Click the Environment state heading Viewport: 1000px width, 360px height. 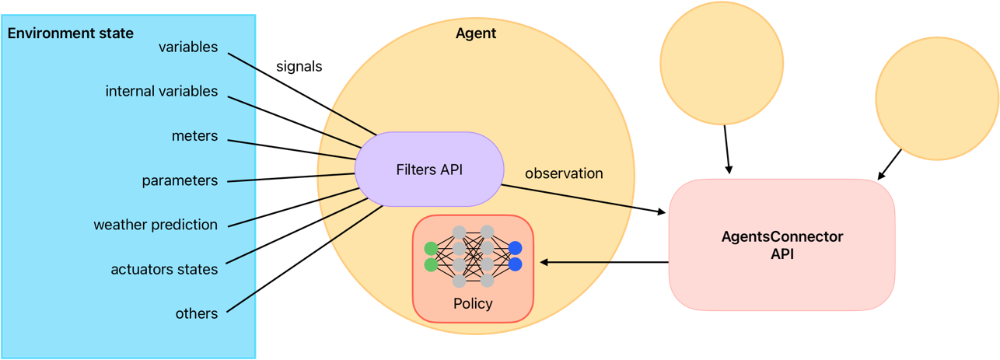(71, 33)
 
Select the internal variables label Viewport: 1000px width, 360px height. (162, 91)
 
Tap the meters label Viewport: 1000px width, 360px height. (194, 136)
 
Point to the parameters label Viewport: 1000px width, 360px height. (180, 180)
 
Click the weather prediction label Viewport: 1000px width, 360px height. (156, 225)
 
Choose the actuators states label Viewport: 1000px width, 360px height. (164, 269)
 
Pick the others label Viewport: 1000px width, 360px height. (196, 313)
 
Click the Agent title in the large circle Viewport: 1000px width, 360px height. (475, 33)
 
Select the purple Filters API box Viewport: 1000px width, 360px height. (429, 169)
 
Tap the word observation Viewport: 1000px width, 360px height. (564, 173)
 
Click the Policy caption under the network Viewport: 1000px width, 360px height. (473, 303)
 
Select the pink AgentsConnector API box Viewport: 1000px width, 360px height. (781, 245)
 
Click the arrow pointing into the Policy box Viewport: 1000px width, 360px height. (575, 262)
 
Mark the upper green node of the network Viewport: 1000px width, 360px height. (431, 249)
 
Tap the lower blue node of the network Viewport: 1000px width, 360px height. (515, 265)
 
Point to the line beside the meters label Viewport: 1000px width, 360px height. (242, 141)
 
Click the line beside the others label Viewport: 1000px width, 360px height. (242, 302)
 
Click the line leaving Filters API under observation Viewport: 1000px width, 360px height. (568, 196)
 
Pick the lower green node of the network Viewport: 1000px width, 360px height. (431, 265)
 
